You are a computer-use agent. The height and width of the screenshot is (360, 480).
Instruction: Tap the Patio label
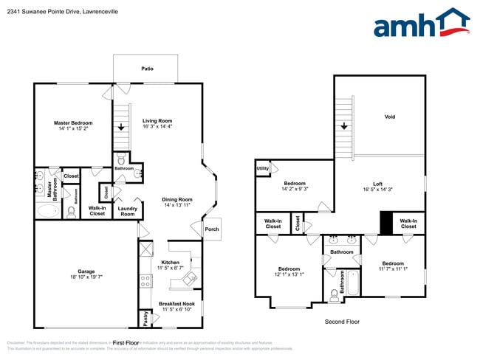click(x=148, y=69)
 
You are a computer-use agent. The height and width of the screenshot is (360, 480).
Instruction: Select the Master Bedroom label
click(x=73, y=122)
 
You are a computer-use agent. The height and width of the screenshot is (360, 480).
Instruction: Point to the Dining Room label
click(x=176, y=198)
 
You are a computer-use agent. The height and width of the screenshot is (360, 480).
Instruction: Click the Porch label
click(x=211, y=229)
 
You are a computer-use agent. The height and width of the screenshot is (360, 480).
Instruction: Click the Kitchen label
click(x=170, y=262)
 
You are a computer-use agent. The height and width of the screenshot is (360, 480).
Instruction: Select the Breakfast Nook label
click(x=176, y=303)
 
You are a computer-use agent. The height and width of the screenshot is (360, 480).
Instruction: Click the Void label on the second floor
click(x=389, y=117)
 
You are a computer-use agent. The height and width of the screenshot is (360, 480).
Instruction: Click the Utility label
click(x=262, y=168)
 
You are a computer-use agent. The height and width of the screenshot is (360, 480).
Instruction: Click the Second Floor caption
click(x=341, y=322)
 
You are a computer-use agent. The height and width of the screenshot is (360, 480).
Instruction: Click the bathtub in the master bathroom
click(x=47, y=211)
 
